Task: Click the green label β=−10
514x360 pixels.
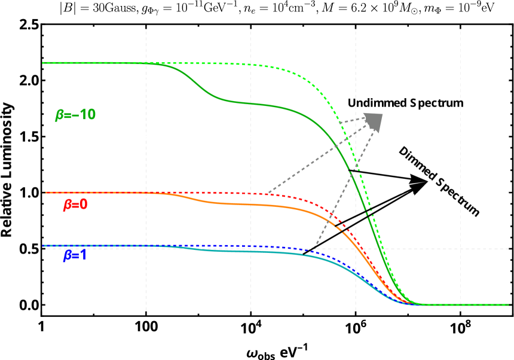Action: click(75, 115)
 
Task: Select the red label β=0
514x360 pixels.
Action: click(75, 205)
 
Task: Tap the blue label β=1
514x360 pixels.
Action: click(75, 255)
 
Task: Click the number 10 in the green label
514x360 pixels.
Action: click(87, 115)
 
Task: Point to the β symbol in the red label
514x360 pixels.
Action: click(67, 205)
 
